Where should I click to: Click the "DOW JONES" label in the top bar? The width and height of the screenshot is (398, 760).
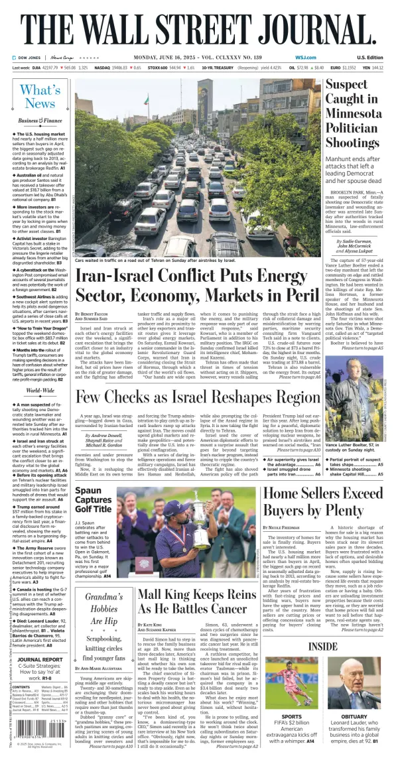click(x=31, y=58)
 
